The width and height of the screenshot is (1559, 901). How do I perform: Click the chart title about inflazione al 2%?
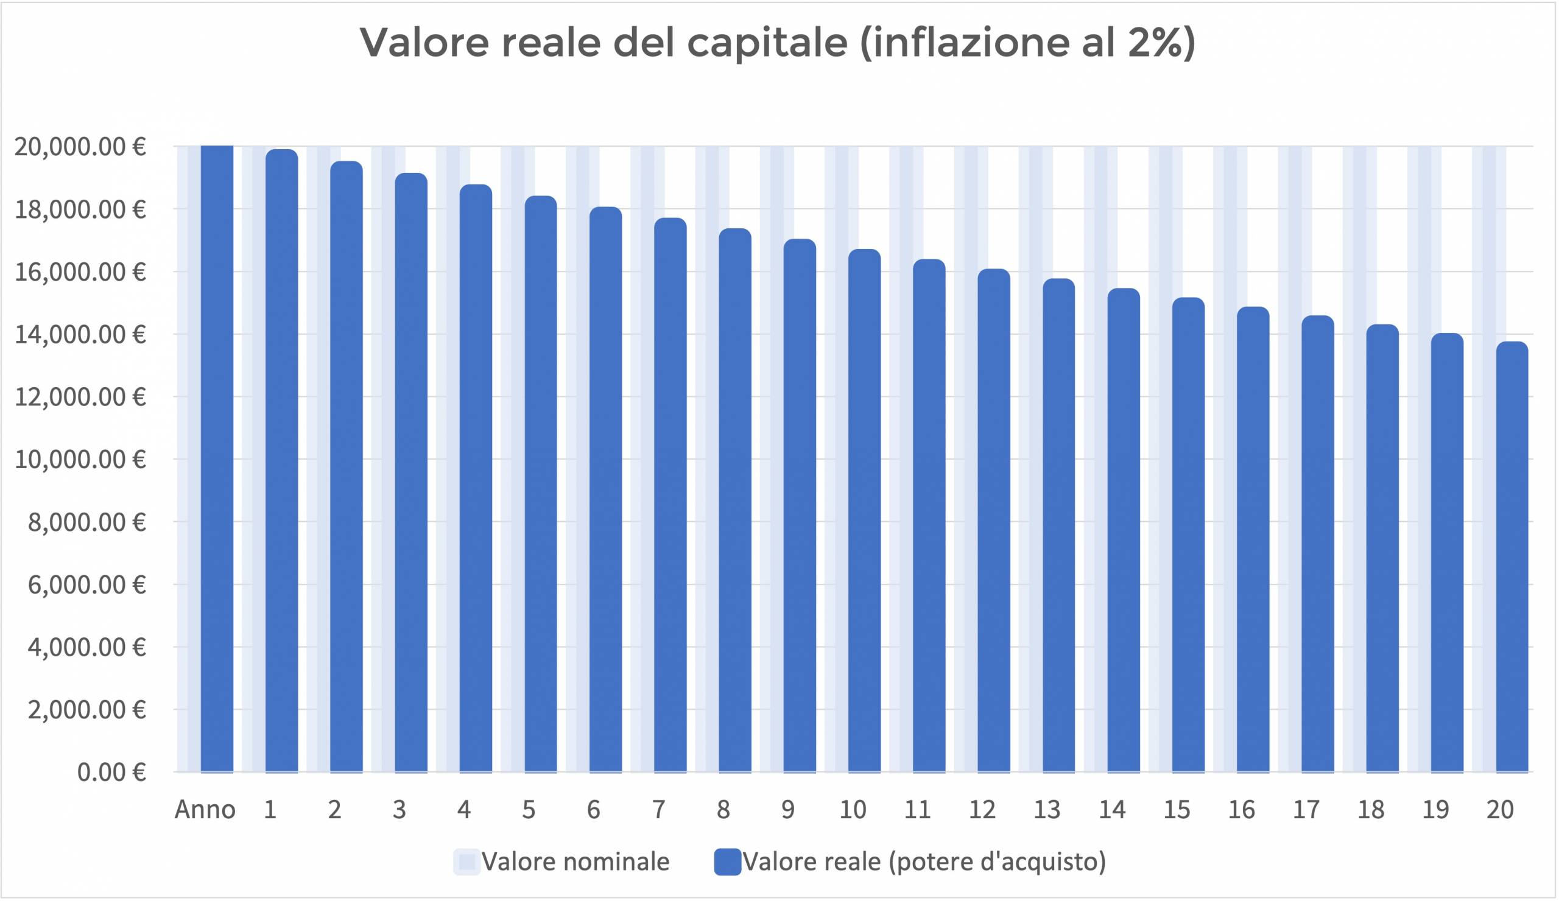(777, 43)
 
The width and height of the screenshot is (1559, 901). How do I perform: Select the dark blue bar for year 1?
(281, 461)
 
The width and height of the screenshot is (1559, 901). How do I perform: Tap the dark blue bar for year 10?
(864, 510)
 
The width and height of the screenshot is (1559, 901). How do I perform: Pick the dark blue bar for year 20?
(1511, 556)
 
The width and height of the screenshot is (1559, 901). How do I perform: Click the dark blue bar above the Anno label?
(217, 458)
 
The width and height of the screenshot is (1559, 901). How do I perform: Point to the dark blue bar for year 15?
(1188, 535)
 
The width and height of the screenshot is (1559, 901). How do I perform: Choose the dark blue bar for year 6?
(605, 488)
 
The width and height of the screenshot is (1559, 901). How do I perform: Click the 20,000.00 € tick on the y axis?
(80, 147)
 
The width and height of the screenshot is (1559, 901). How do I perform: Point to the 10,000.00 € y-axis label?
(80, 460)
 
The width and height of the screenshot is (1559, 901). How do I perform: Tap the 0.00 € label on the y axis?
(111, 773)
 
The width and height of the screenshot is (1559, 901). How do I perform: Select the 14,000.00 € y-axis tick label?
(80, 335)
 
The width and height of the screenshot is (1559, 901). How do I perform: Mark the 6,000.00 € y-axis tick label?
(86, 584)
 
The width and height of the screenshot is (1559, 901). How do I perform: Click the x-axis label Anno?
(205, 810)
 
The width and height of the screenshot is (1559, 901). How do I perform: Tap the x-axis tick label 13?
(1047, 810)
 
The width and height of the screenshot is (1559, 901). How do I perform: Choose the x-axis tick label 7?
(658, 810)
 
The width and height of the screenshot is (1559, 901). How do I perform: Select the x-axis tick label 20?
(1499, 810)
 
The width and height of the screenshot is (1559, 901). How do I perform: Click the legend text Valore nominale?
(575, 861)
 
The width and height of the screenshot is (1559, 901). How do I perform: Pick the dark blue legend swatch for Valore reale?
(728, 861)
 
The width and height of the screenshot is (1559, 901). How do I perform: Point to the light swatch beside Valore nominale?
(466, 861)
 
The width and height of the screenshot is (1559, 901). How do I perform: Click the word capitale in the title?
(767, 43)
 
